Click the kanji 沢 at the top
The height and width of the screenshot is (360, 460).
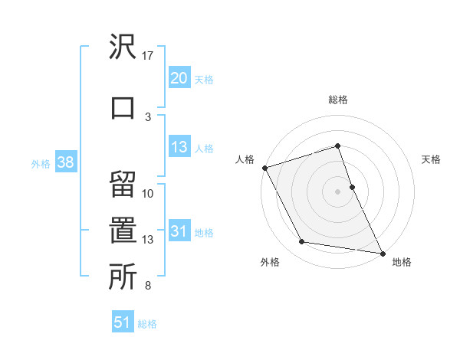[x=123, y=47]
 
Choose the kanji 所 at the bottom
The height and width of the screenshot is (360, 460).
[x=123, y=277]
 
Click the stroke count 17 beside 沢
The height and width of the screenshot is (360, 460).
[x=148, y=56]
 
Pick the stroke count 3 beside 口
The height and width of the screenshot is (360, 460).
[x=148, y=116]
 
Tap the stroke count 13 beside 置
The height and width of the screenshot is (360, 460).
[x=148, y=240]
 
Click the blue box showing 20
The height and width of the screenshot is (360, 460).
[x=179, y=78]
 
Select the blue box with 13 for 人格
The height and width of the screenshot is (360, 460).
[x=179, y=148]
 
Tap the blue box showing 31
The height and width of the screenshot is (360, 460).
[x=179, y=231]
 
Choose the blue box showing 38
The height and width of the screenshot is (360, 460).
[x=65, y=162]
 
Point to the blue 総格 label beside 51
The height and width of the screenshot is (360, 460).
[x=147, y=324]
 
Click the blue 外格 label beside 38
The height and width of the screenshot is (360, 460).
[x=41, y=163]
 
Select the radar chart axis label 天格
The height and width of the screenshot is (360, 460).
[x=431, y=159]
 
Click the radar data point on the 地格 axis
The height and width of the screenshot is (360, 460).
[x=382, y=253]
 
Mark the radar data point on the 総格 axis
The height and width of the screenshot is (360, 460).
[x=337, y=146]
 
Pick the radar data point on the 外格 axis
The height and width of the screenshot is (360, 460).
[x=301, y=242]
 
